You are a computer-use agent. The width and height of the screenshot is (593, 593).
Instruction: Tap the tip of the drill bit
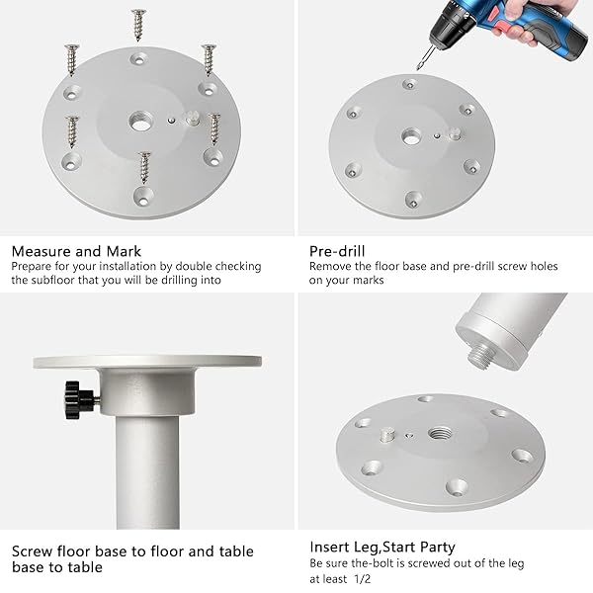click(x=417, y=69)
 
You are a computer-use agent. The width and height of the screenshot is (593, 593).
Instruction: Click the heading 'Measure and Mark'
click(x=76, y=251)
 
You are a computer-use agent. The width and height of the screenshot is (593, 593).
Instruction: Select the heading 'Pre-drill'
click(x=337, y=251)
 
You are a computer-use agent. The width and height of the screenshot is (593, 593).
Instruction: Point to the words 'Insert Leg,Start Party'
click(x=381, y=547)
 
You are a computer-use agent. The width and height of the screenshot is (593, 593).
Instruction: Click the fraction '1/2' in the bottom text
click(x=363, y=578)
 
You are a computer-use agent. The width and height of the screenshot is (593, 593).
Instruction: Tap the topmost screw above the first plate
click(x=138, y=25)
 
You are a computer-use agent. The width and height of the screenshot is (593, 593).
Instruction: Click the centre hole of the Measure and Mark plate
click(x=141, y=122)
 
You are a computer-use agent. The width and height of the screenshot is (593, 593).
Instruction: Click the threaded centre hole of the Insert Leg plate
click(x=440, y=433)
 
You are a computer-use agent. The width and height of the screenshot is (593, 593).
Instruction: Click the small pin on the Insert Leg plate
click(x=386, y=435)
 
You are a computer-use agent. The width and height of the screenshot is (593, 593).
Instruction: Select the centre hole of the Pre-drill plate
click(x=411, y=136)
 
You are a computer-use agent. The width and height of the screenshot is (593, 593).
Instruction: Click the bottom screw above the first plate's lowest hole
click(x=144, y=168)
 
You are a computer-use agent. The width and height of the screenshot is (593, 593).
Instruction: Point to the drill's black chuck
click(x=449, y=28)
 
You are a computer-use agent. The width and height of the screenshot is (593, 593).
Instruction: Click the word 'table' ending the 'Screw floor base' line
click(x=236, y=551)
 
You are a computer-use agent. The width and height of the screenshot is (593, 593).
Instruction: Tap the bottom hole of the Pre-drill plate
click(x=414, y=200)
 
